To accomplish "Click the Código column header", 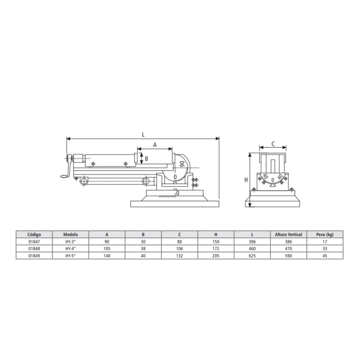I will pos(34,234).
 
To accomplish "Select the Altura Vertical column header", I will pos(288,234).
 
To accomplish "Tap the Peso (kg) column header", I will pos(325,234).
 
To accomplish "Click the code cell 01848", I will pos(34,249).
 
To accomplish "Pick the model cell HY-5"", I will pos(70,256).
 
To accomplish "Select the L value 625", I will pos(252,256).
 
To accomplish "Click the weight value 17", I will pos(325,241).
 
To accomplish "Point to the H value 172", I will pos(216,249).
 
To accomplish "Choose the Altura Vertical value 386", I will pos(288,241).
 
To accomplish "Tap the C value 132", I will pos(179,256).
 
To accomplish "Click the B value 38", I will pos(143,249).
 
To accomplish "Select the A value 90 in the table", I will pos(107,241).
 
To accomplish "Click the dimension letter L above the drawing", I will pos(143,134).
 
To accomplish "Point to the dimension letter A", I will pos(155,145).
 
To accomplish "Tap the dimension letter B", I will pos(146,159).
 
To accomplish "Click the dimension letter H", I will pos(246,180).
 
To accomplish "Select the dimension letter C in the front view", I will pos(273,144).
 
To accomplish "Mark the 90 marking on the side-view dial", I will pos(182,164).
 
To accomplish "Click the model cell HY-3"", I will pos(70,241).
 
